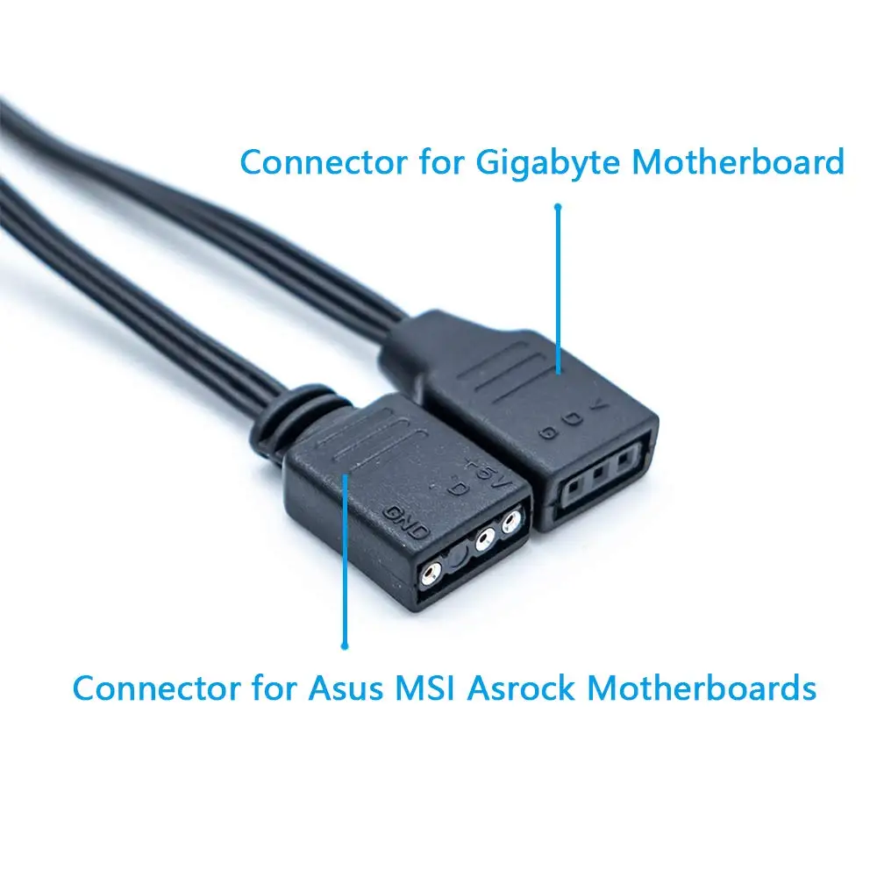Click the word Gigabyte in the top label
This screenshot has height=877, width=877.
tap(533, 164)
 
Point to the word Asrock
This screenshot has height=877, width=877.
tap(521, 688)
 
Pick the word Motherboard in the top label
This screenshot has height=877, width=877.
tap(738, 164)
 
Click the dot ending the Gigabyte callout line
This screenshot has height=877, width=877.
tap(557, 208)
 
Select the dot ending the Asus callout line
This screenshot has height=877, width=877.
tap(345, 645)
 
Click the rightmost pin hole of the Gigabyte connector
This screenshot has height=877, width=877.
tap(625, 460)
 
